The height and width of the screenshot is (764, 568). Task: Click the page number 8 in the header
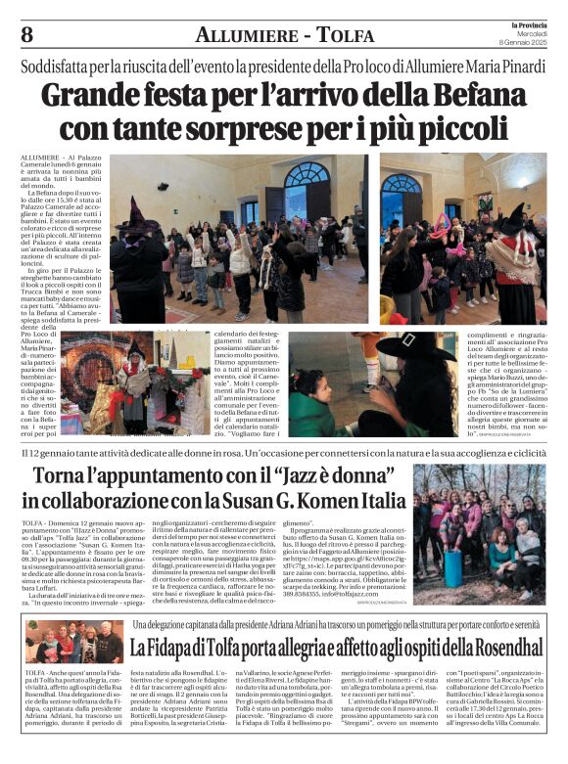click(26, 34)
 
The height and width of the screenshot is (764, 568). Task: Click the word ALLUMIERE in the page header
click(242, 35)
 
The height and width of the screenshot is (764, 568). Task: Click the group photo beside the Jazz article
click(479, 520)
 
